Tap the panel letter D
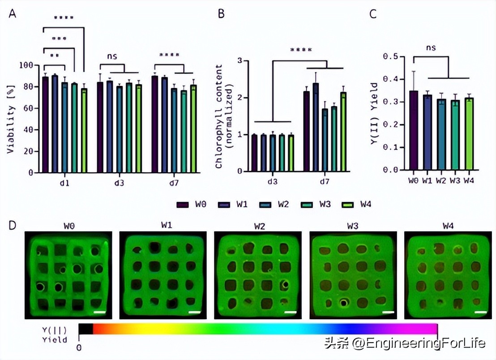pos(13,224)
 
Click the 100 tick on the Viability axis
pos(27,65)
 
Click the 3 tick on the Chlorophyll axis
pos(240,60)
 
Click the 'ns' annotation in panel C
pos(431,47)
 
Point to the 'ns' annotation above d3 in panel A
pos(112,56)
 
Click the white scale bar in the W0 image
pos(100,311)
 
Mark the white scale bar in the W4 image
pos(480,311)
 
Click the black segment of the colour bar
pos(86,329)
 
